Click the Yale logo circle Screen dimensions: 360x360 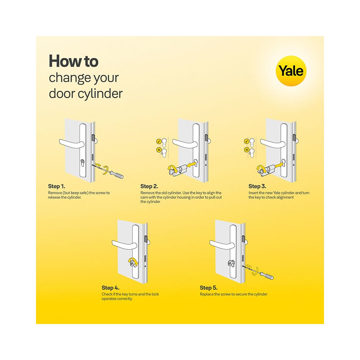291,71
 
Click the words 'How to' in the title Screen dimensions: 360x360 73,61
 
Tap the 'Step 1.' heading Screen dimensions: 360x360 57,186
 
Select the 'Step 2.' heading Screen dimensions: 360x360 149,186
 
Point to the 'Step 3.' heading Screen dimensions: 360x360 257,186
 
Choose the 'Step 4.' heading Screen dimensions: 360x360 111,288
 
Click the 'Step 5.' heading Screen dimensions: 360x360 209,288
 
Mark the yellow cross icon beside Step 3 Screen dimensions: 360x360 247,150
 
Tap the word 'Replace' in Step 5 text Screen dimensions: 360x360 207,294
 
